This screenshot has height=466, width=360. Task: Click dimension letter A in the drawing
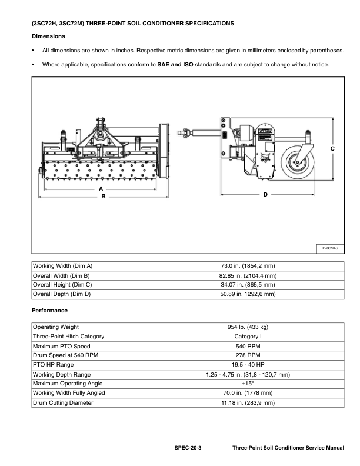pyautogui.click(x=101, y=188)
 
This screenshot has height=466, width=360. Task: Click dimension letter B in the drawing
pyautogui.click(x=103, y=197)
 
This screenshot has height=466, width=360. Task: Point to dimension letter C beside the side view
pyautogui.click(x=332, y=149)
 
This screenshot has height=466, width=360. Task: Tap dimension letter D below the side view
pyautogui.click(x=265, y=194)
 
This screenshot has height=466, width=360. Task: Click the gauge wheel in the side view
pyautogui.click(x=296, y=162)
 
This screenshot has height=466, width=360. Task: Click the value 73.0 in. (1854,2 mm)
pyautogui.click(x=248, y=266)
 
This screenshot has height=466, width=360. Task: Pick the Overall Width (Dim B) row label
pyautogui.click(x=61, y=275)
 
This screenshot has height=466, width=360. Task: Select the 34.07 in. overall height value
pyautogui.click(x=248, y=284)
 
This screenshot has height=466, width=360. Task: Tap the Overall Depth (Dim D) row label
pyautogui.click(x=62, y=294)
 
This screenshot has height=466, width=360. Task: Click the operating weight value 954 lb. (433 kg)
pyautogui.click(x=248, y=327)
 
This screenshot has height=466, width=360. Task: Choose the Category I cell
pyautogui.click(x=248, y=336)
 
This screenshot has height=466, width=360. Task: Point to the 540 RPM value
pyautogui.click(x=248, y=346)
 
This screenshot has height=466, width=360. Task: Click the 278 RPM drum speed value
pyautogui.click(x=248, y=355)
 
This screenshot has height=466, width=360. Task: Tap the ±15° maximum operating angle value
pyautogui.click(x=248, y=384)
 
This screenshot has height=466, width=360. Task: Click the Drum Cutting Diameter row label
pyautogui.click(x=62, y=402)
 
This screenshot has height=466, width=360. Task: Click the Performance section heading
pyautogui.click(x=50, y=310)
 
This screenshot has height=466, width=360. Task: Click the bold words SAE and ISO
pyautogui.click(x=175, y=64)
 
